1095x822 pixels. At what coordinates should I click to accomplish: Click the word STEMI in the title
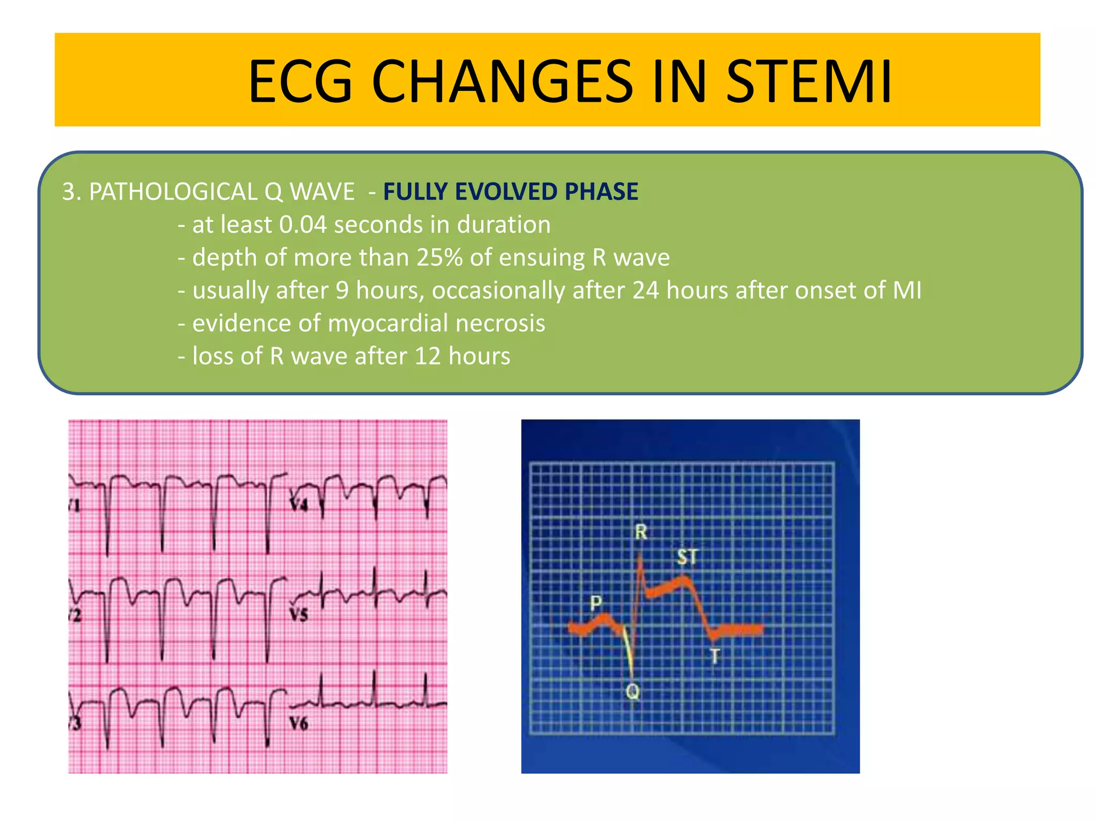point(808,81)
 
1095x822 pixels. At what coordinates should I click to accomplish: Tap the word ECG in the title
point(300,81)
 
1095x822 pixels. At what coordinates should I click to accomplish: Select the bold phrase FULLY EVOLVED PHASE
point(511,192)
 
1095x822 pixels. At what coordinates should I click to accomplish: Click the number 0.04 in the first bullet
point(303,225)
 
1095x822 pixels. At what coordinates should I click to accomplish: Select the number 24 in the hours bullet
point(645,291)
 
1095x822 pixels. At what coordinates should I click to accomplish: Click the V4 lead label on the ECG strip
point(298,504)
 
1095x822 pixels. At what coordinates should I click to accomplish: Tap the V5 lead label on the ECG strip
point(299,614)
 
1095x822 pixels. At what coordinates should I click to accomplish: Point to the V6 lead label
point(299,724)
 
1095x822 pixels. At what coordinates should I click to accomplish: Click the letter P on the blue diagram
point(596,603)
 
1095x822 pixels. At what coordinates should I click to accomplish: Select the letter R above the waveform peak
point(641,532)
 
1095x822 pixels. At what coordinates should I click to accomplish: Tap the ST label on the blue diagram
point(688,557)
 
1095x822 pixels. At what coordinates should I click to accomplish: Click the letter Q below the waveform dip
point(633,691)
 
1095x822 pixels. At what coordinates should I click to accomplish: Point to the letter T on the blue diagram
point(715,656)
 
